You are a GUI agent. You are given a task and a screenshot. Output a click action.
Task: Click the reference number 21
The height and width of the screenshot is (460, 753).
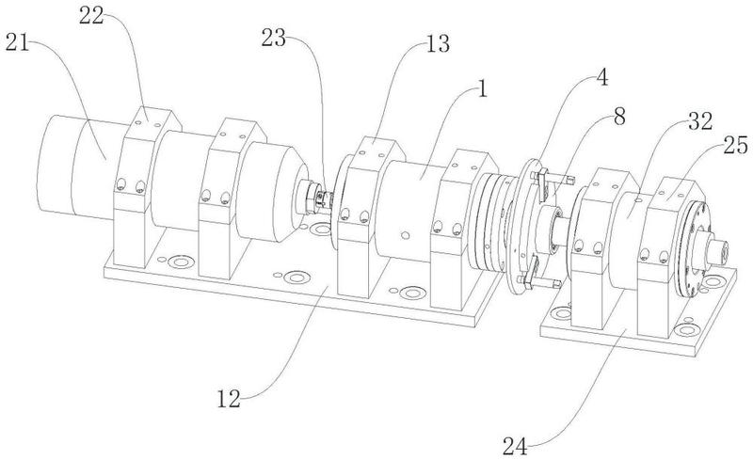[17, 44]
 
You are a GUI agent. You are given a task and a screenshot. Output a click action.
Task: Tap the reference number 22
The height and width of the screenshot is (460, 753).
[91, 16]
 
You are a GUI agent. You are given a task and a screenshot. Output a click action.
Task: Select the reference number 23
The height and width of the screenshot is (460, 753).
[273, 38]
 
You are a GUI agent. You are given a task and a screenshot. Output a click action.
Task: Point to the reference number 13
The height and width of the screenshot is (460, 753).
[438, 44]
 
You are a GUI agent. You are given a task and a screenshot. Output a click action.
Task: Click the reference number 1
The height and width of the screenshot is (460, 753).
[482, 89]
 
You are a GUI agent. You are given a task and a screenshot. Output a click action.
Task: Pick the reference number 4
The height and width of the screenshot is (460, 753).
[601, 78]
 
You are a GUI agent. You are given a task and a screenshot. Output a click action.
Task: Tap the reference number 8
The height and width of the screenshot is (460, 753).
[619, 117]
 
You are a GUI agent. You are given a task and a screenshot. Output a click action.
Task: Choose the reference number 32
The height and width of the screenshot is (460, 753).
[700, 122]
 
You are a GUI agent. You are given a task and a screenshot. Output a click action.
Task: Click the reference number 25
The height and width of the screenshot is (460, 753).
[736, 145]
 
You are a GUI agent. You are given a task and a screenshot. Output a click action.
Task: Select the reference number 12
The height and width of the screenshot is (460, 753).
[229, 399]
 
